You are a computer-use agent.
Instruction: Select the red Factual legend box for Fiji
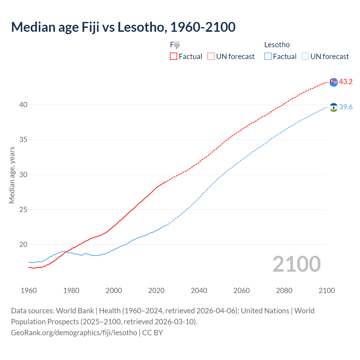click(174, 56)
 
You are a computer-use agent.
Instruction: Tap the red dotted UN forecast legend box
click(211, 56)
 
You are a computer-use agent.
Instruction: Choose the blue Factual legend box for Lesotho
click(268, 56)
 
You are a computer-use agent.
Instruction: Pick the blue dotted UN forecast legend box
click(305, 56)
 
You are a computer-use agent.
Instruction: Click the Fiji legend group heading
click(175, 45)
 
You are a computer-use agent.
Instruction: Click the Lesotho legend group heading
click(277, 45)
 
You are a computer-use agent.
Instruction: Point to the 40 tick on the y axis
click(23, 105)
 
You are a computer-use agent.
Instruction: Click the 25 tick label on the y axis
click(23, 210)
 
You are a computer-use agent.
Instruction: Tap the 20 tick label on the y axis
click(23, 244)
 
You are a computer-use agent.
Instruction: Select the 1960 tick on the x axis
click(29, 291)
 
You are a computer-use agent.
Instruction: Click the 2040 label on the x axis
click(199, 291)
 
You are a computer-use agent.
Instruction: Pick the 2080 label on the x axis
click(284, 291)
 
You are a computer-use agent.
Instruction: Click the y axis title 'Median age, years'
click(12, 175)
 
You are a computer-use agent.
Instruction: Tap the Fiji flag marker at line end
click(334, 82)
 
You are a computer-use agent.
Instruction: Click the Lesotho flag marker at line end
click(334, 107)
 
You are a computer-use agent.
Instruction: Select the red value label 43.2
click(346, 82)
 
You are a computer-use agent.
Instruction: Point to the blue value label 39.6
click(346, 107)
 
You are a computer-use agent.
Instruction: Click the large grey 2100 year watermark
click(297, 264)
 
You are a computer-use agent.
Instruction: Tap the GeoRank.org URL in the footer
click(74, 332)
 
